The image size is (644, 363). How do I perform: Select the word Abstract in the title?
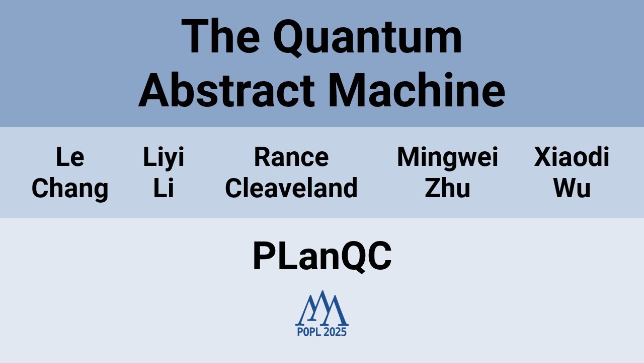click(x=226, y=91)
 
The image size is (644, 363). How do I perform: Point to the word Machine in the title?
click(x=417, y=91)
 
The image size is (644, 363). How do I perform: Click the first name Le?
click(x=70, y=157)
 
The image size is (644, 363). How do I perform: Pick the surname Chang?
click(x=70, y=189)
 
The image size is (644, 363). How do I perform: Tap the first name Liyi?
click(x=164, y=157)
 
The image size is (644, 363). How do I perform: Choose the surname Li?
click(x=164, y=189)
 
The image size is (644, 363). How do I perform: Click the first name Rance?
click(x=291, y=157)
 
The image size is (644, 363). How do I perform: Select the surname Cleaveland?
click(x=291, y=189)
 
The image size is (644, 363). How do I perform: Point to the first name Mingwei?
click(x=447, y=157)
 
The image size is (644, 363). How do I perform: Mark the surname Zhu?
click(x=447, y=189)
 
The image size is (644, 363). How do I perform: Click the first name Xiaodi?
click(x=572, y=157)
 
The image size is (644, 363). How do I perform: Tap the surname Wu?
click(x=572, y=189)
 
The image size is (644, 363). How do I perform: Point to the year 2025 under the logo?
click(x=335, y=332)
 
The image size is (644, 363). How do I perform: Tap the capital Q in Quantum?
click(x=291, y=38)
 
